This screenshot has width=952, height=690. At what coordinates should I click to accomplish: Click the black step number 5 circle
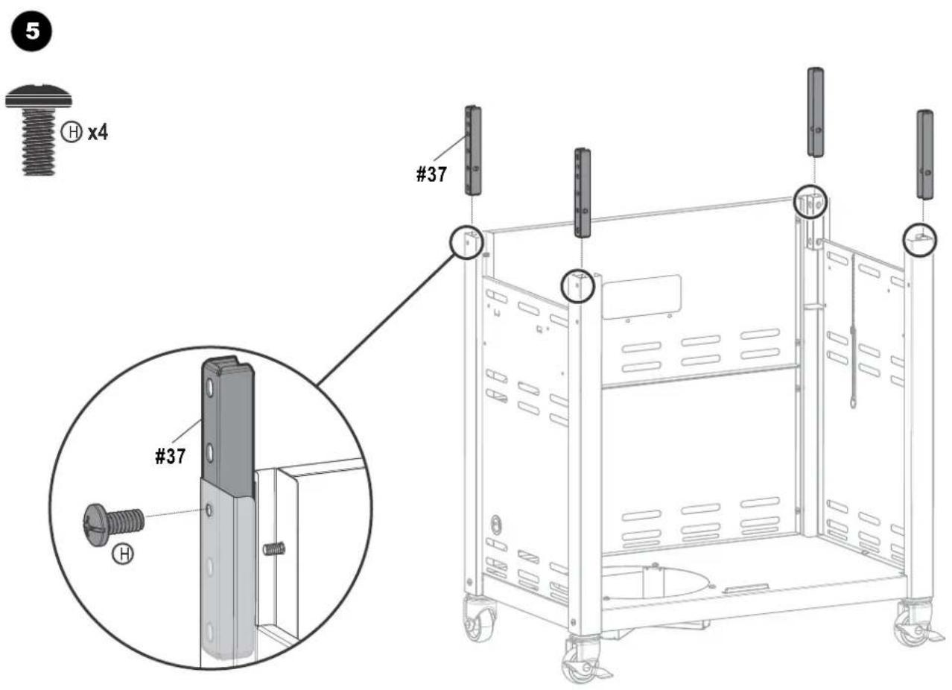(x=31, y=31)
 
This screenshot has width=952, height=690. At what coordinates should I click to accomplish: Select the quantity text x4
(x=98, y=133)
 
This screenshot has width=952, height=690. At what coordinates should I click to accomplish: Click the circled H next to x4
(x=72, y=132)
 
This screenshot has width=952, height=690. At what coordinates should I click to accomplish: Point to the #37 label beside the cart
(x=431, y=174)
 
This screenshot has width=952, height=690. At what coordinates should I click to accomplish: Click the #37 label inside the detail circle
(x=171, y=456)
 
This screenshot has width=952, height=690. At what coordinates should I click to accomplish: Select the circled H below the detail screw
(x=123, y=554)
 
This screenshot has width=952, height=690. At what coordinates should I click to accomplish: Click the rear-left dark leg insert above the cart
(x=472, y=151)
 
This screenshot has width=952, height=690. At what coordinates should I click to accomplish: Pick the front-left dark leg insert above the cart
(x=583, y=192)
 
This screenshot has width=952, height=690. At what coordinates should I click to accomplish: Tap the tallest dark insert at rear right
(x=815, y=113)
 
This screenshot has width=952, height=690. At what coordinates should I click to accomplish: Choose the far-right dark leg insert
(x=924, y=154)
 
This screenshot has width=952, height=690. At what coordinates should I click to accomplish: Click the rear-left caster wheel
(x=480, y=619)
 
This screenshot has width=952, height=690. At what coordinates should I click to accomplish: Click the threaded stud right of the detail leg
(x=274, y=549)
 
